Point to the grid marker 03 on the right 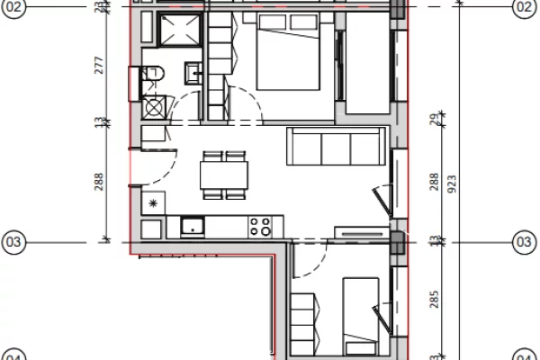point(523,241)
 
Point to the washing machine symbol point(155,108)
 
